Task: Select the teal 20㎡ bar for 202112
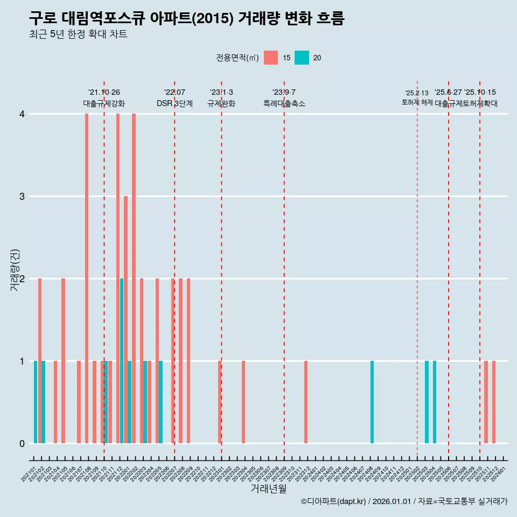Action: click(122, 361)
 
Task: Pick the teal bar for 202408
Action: click(372, 402)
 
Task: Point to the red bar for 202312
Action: click(306, 402)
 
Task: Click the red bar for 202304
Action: click(243, 402)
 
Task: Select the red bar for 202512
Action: click(494, 402)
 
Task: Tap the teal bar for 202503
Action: click(427, 402)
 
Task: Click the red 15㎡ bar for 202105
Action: click(63, 361)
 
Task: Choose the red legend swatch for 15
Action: click(271, 58)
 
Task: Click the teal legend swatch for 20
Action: click(302, 58)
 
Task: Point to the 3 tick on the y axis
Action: click(22, 197)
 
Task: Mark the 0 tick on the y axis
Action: click(22, 444)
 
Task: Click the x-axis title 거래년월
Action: click(268, 488)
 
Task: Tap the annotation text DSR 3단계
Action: click(174, 103)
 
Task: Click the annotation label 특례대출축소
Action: click(284, 103)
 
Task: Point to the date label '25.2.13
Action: click(417, 93)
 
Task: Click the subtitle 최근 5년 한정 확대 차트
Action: click(78, 34)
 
